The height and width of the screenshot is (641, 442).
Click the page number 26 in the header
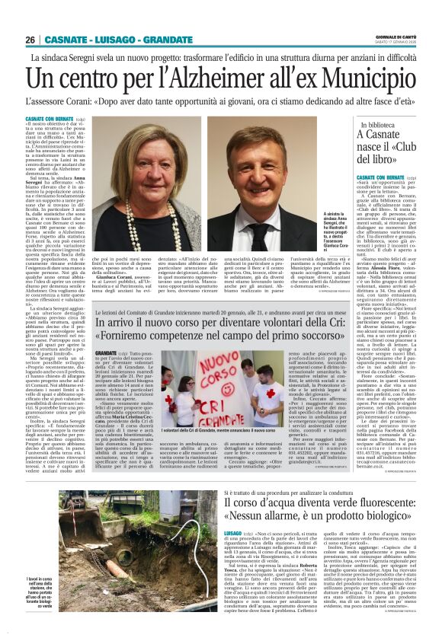pyautogui.click(x=31, y=40)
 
